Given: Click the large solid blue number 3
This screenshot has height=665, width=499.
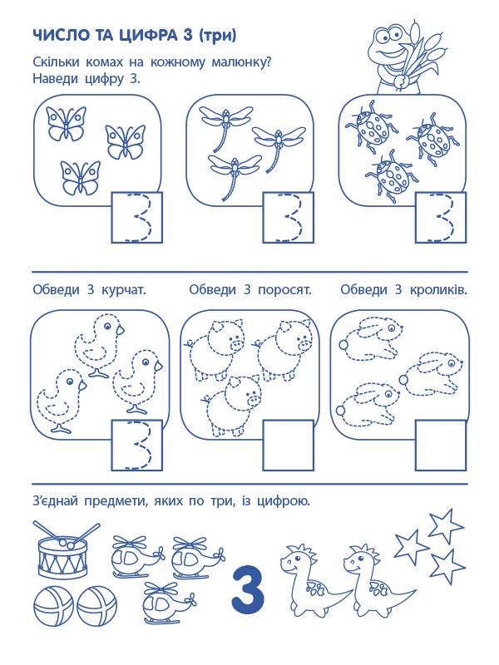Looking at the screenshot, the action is (248, 587).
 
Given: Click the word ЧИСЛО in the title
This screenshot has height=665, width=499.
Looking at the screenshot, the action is (57, 36).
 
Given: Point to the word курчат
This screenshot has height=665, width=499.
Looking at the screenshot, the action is (123, 290).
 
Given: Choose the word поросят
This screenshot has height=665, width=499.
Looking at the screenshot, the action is (284, 290).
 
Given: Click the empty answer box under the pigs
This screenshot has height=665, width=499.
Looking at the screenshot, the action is (288, 445).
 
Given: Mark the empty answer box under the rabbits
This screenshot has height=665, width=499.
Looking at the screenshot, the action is (441, 445).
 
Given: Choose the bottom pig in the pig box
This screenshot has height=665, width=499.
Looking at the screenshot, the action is (231, 404).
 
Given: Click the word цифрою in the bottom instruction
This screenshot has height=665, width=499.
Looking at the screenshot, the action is (284, 502).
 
